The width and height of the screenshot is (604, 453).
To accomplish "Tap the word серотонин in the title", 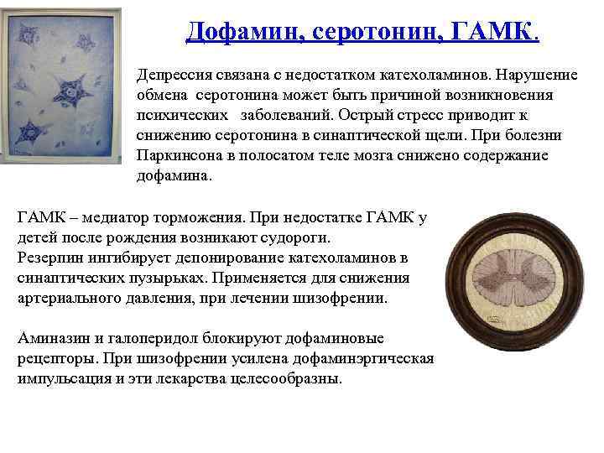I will [x=371, y=33].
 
